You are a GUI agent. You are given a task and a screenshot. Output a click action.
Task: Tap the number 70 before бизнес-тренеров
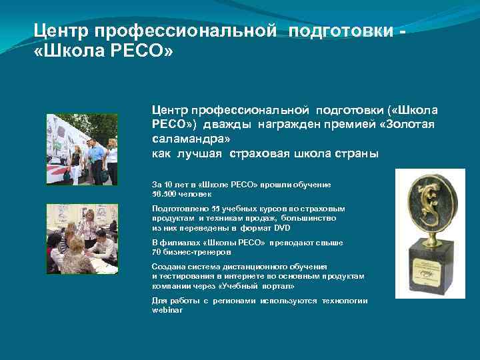[157, 253]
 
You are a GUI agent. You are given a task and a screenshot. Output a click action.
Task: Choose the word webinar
[167, 310]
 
